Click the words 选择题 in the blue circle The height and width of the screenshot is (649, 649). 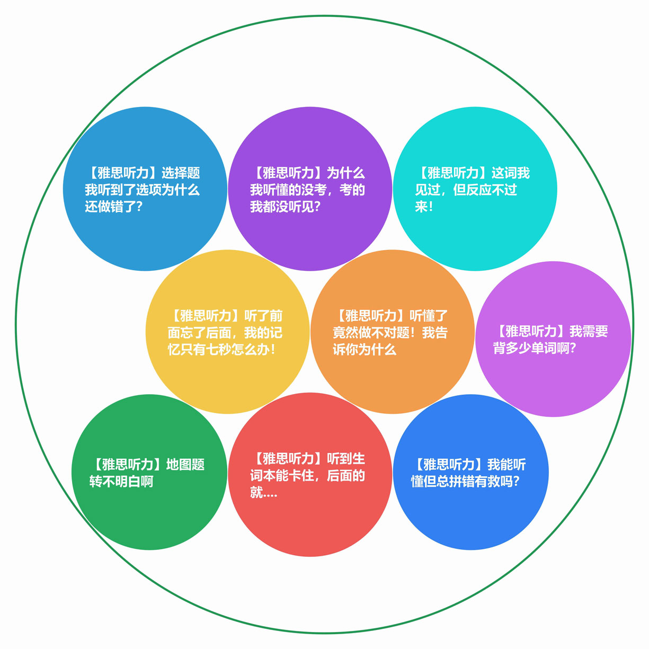[181, 173]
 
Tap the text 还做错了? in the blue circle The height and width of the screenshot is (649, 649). [114, 207]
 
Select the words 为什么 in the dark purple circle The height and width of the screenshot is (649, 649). [346, 173]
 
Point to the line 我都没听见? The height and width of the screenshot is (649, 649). [285, 207]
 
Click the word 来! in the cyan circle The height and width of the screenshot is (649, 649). [424, 207]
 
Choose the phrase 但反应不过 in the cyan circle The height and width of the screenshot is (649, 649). [485, 190]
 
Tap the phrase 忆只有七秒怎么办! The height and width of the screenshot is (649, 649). [221, 349]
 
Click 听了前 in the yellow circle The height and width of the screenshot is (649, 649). [263, 316]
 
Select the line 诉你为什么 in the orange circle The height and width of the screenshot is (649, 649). [364, 349]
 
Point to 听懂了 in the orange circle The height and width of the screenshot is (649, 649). [429, 316]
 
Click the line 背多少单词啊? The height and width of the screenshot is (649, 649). [535, 348]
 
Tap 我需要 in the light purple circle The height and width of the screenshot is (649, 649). [589, 331]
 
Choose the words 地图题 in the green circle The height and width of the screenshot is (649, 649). [185, 465]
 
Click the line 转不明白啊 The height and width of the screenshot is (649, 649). [121, 481]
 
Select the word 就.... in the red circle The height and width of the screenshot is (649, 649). [264, 492]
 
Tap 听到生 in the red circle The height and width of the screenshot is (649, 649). [346, 458]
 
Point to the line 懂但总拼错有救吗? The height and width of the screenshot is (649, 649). [465, 481]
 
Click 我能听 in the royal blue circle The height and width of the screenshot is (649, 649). [506, 465]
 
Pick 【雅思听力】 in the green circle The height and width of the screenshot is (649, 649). [128, 465]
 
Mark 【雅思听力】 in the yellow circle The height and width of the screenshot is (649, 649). [206, 316]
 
